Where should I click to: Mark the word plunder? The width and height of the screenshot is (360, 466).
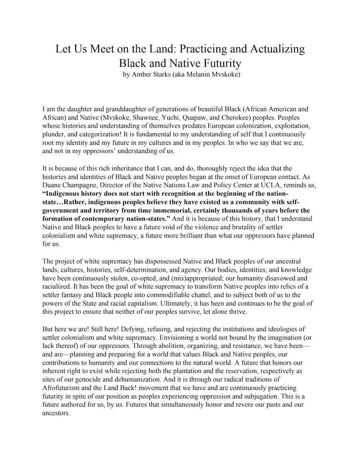tap(54, 134)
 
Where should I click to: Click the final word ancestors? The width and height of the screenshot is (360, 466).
tap(56, 413)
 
